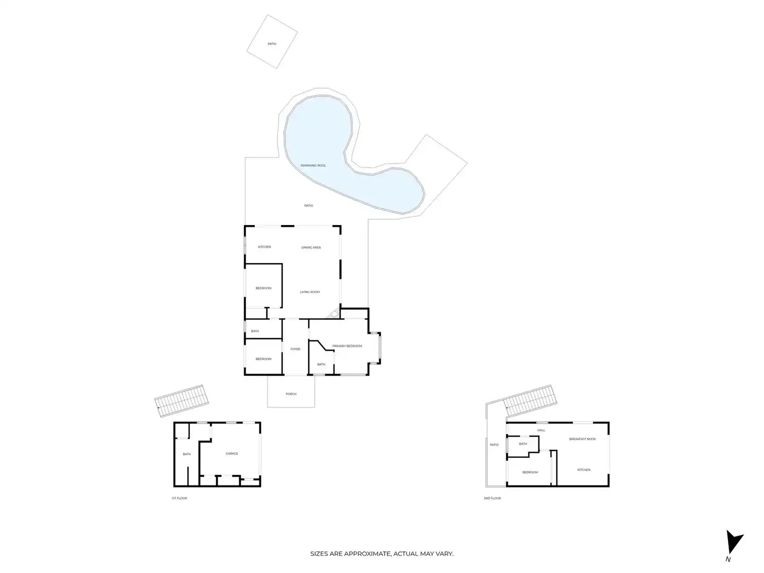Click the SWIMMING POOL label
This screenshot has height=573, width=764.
(x=313, y=166)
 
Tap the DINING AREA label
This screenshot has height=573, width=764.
(x=311, y=247)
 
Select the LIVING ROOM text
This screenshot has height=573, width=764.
(x=310, y=292)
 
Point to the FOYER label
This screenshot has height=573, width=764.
(x=296, y=349)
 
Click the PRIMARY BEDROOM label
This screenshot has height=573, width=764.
(x=347, y=346)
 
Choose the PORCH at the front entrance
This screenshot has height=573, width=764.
(x=291, y=394)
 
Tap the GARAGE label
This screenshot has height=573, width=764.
(x=232, y=454)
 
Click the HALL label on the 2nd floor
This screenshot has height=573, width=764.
(x=541, y=430)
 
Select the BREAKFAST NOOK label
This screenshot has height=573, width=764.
(x=583, y=439)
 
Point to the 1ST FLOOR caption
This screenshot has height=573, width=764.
(x=179, y=498)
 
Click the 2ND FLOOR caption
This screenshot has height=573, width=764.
(x=492, y=498)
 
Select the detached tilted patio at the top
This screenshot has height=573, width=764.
(x=272, y=42)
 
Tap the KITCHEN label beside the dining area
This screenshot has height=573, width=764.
(x=264, y=247)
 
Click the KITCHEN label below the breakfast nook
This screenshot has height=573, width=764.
(x=584, y=470)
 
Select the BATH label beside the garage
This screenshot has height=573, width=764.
(x=187, y=454)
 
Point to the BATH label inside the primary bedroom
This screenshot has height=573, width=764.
(x=321, y=364)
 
